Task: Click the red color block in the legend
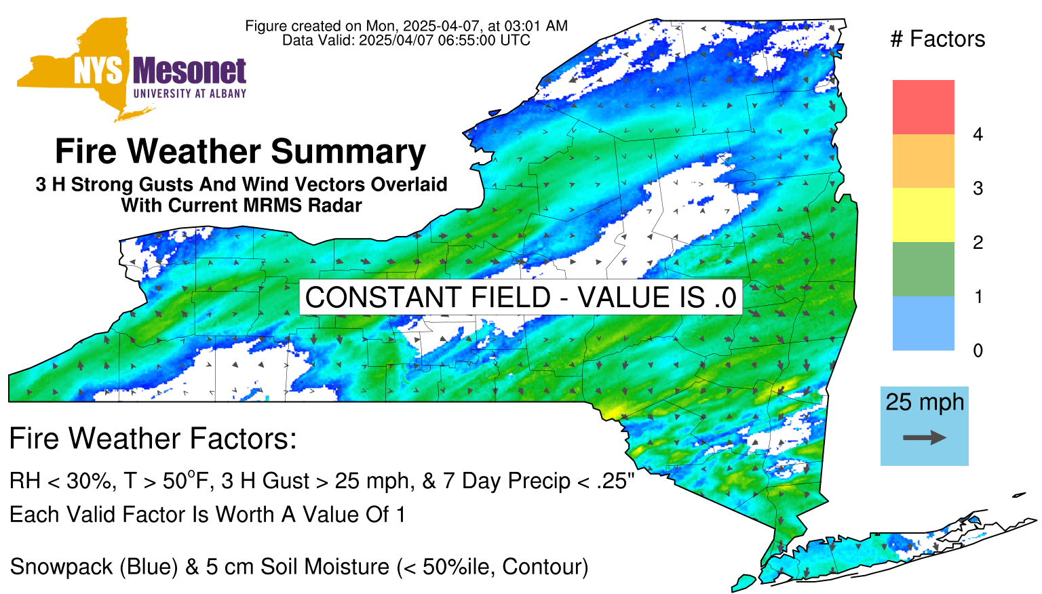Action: [923, 107]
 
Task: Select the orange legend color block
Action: [923, 161]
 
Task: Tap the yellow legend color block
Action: [923, 215]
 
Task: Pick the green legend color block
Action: [923, 269]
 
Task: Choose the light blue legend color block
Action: [923, 323]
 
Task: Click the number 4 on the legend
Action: [978, 134]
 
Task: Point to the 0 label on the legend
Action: [978, 351]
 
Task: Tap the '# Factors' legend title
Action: [938, 39]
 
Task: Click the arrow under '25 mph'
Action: [925, 437]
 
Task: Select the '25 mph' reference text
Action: [925, 403]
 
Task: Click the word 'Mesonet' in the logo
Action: [189, 72]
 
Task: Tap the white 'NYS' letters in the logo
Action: [98, 72]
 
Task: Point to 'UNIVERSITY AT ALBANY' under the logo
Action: [190, 94]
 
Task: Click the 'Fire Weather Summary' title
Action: [241, 151]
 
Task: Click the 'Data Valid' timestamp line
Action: [406, 40]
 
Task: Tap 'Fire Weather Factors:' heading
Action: [153, 438]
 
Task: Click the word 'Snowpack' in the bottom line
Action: [62, 567]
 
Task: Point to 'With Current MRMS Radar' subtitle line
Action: [242, 205]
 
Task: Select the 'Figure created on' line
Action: [406, 26]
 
